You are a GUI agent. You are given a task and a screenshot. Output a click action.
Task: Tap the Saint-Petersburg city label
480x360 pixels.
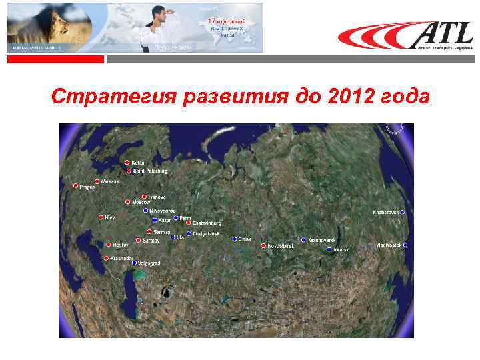coord(150,171)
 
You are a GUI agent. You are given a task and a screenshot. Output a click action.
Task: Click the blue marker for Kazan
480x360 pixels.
coord(155,220)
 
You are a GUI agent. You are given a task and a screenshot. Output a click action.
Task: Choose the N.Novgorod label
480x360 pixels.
coord(162,211)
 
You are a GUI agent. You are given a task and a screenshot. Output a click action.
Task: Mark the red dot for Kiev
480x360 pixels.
coord(101,217)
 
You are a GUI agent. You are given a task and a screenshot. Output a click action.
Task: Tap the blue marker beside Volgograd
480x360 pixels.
coord(133,263)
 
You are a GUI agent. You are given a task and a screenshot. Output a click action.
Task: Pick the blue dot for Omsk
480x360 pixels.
coord(235,239)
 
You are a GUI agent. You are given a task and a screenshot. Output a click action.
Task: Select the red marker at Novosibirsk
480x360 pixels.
coord(263,245)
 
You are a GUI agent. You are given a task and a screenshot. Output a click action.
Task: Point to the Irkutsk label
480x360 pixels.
coord(341,249)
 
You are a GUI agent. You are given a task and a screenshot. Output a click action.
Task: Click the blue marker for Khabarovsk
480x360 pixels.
coord(402,212)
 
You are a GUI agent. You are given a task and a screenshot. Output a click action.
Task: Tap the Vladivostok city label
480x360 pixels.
coord(389,245)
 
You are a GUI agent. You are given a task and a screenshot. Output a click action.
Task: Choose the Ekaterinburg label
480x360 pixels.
coord(207,223)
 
